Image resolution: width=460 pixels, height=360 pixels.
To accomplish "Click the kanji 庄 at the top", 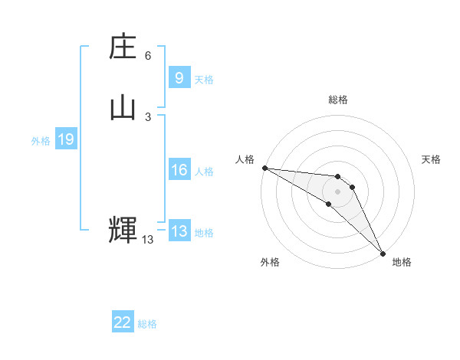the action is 123,48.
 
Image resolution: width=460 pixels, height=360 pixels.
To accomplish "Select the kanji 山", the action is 123,108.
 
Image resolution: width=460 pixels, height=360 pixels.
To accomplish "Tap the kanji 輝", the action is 123,230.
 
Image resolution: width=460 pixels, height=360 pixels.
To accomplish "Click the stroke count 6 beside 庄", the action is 148,56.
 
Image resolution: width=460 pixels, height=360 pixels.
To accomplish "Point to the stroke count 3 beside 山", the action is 148,116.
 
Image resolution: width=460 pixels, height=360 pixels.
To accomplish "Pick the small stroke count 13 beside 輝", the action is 147,240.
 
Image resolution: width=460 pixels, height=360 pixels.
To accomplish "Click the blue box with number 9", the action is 179,78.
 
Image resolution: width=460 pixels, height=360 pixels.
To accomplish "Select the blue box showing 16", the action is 179,170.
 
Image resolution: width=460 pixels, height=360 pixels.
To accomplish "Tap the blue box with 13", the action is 179,231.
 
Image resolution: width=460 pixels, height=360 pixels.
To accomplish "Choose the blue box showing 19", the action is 66,139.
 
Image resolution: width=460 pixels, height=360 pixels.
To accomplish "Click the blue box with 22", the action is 123,322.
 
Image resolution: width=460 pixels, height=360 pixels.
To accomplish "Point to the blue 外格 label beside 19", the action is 41,141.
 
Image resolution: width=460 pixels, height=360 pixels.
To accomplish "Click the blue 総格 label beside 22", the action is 147,324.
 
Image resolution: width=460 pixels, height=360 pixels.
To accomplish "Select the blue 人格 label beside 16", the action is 204,172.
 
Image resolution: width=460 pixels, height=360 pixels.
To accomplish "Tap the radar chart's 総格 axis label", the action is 338,100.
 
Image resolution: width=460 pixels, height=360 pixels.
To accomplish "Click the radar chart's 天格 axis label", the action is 431,159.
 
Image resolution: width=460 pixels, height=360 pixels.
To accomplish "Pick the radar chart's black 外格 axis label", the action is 269,262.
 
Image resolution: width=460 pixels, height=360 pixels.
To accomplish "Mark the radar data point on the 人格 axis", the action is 264,168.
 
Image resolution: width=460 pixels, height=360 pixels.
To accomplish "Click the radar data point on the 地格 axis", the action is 383,253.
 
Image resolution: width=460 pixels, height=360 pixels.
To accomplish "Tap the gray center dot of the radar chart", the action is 337,191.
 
